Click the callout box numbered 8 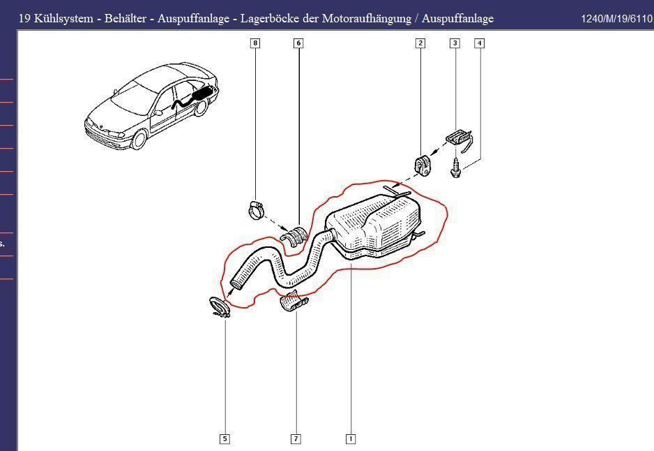(255, 43)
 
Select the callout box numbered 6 (298, 43)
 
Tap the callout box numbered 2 (420, 43)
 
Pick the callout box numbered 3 (455, 43)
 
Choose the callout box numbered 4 (480, 43)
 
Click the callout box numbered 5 (225, 439)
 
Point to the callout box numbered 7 (296, 439)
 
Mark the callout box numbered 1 (351, 439)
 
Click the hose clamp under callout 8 (256, 209)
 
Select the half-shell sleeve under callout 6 (293, 236)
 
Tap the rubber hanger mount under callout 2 (423, 165)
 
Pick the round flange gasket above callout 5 (220, 307)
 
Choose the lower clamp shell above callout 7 (294, 301)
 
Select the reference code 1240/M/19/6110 (616, 19)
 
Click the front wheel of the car (139, 139)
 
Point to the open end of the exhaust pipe (237, 283)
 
